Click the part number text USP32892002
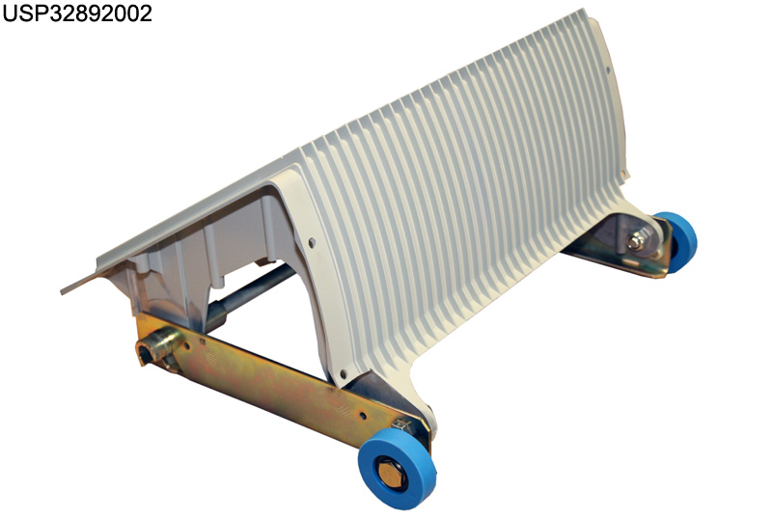tap(77, 14)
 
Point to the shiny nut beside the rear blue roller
tap(635, 242)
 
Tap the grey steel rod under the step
tap(250, 290)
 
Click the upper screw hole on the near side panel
tap(311, 242)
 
